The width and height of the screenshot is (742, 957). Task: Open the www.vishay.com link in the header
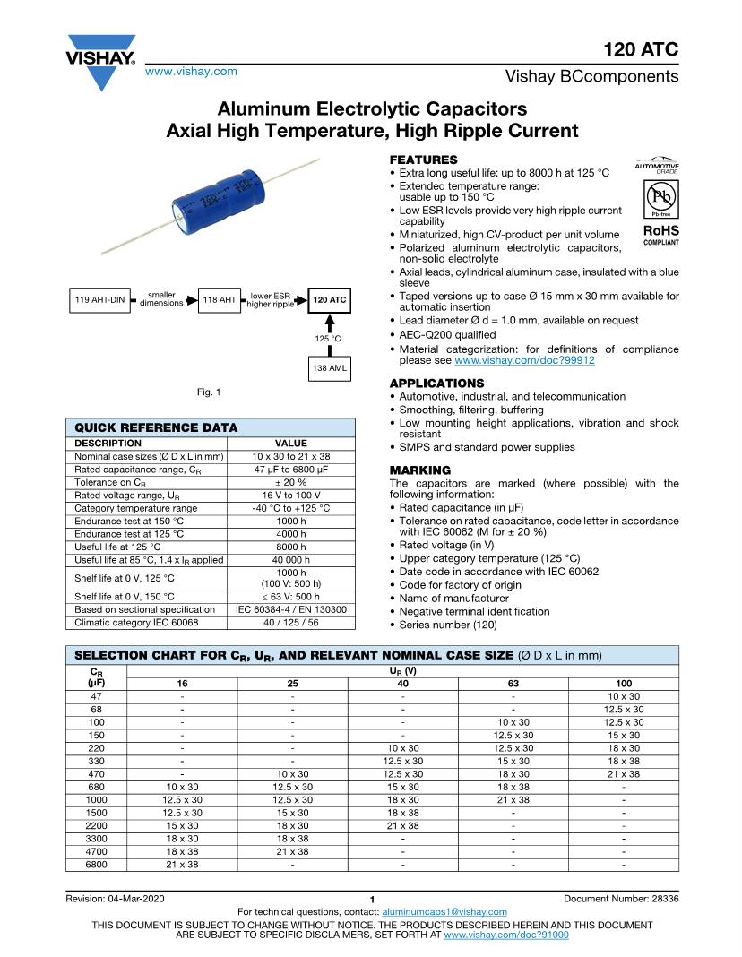tap(191, 71)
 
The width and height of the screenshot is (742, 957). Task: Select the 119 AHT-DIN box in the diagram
tap(99, 300)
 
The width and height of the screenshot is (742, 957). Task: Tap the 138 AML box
tap(329, 368)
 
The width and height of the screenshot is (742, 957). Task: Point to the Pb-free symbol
tap(659, 198)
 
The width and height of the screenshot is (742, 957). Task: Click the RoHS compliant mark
tap(660, 235)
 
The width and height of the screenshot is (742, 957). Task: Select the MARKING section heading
tap(420, 470)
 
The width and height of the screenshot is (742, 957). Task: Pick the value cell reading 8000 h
tap(290, 547)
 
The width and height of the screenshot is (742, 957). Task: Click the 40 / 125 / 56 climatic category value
tap(290, 622)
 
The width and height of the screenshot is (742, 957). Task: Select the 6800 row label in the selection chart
tap(97, 865)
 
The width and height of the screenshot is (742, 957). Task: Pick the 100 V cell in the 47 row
tap(623, 696)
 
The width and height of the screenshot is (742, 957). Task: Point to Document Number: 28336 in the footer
tap(621, 899)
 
